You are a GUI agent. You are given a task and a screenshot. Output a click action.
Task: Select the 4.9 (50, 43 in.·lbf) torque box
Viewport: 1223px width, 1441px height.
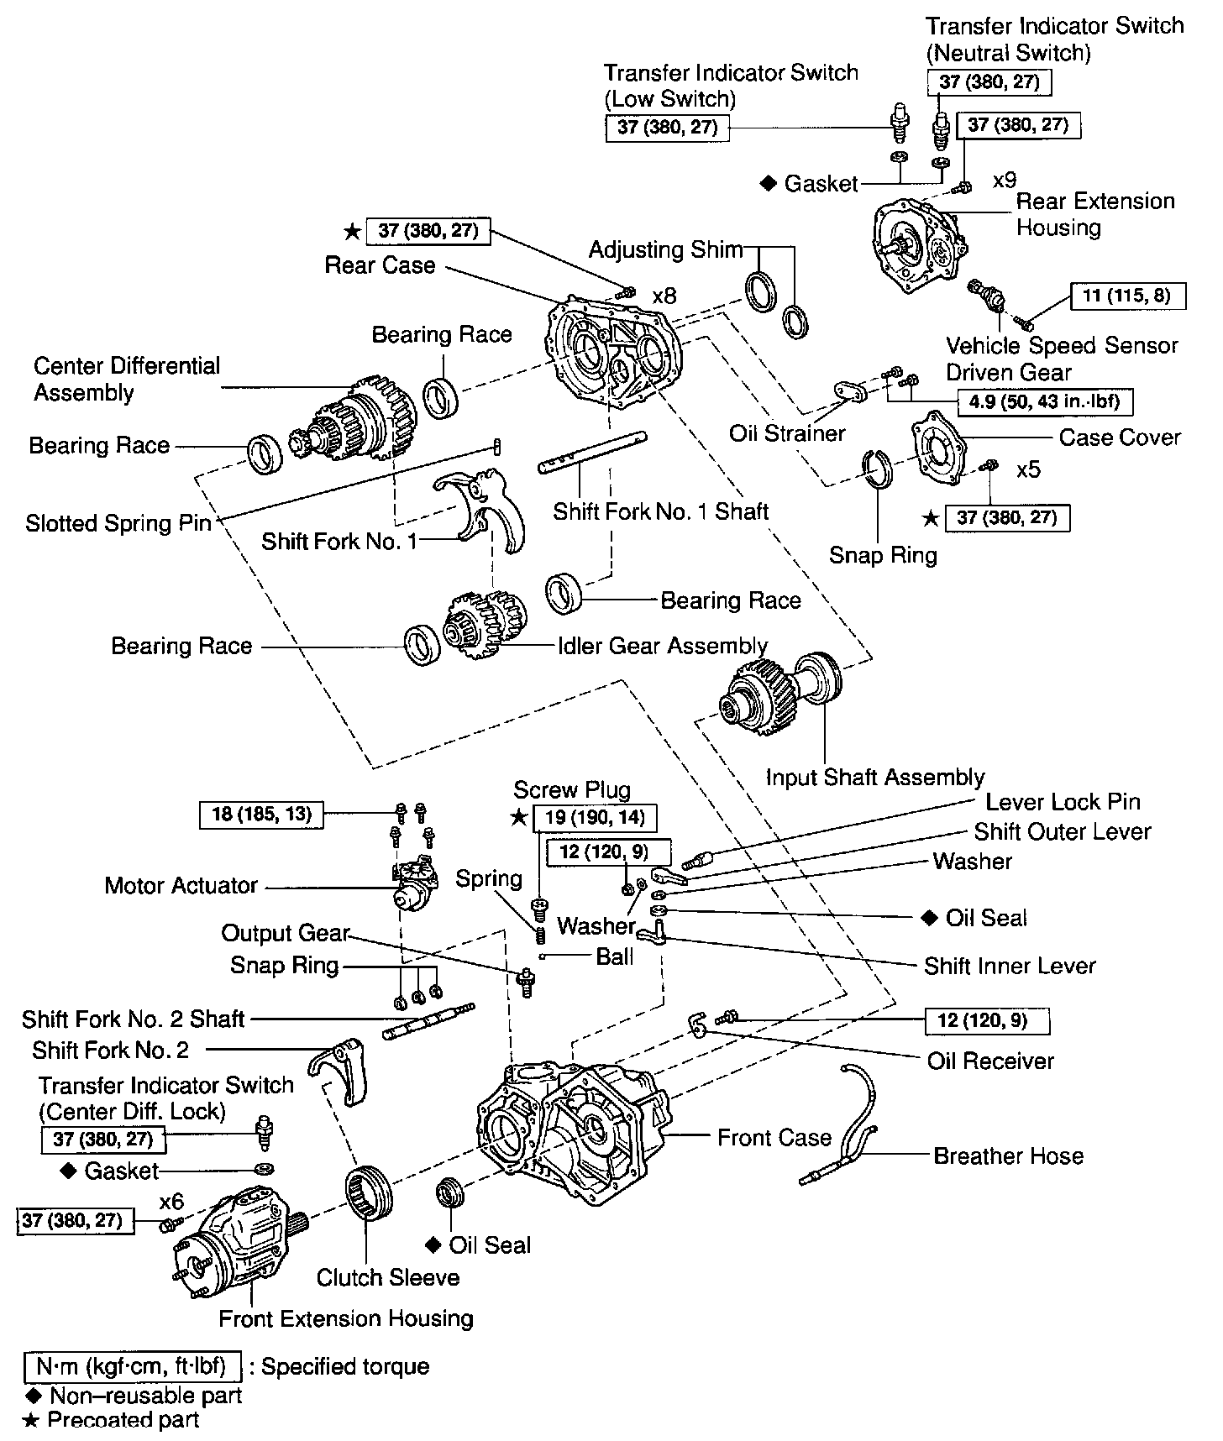tap(1044, 401)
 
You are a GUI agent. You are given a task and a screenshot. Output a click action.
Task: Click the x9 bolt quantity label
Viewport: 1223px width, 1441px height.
tap(1005, 180)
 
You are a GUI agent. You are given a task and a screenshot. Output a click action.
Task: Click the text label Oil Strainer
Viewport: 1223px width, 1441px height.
tap(787, 433)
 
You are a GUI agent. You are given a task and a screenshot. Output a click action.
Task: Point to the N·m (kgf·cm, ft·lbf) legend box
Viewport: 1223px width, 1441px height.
tap(133, 1366)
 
